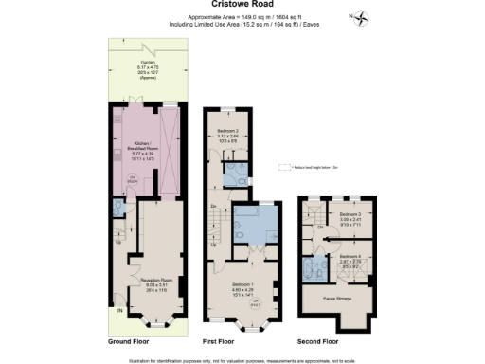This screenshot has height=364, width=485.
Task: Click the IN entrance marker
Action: [x=119, y=310]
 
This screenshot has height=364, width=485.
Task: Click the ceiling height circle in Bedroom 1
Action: [x=254, y=305]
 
